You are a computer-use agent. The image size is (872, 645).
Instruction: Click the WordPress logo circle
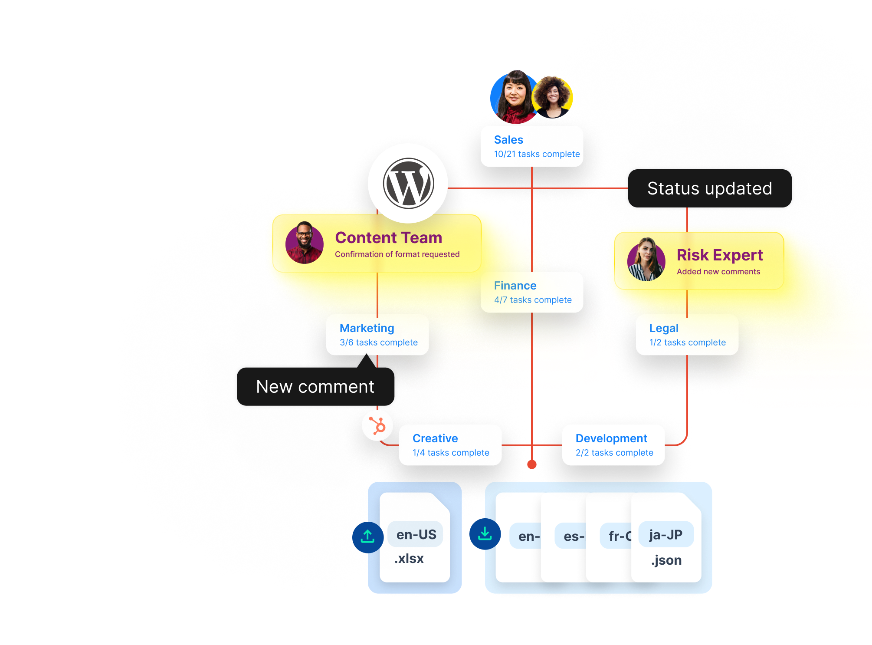coord(408,183)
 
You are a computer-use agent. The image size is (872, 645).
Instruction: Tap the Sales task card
coord(532,147)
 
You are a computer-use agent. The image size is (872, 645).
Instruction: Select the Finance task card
coord(532,292)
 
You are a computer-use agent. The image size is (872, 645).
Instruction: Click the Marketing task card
coord(377,335)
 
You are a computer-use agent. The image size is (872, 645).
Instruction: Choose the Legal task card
coord(687,335)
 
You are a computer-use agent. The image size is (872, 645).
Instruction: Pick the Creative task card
coord(450,445)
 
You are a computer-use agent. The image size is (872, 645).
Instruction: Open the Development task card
coord(613,445)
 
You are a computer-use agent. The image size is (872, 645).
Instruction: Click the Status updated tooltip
coord(710,189)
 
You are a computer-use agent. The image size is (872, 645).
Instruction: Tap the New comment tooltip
coord(315,387)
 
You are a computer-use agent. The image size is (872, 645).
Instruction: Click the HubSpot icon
coord(377,425)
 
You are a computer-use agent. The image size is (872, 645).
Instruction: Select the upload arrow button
coord(368,537)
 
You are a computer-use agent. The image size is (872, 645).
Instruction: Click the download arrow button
coord(485,534)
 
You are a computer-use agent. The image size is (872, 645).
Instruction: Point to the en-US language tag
coord(416,534)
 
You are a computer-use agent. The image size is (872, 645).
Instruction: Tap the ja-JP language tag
coord(666,535)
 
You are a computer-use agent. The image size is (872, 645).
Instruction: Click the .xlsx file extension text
coord(409,559)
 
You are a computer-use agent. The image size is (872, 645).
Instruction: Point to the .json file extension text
coord(666,560)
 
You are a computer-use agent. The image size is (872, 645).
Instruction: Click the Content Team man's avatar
coord(305,243)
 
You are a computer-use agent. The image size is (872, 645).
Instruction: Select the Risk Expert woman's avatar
coord(646,260)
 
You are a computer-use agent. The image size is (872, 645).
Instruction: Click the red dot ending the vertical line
coord(532,464)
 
